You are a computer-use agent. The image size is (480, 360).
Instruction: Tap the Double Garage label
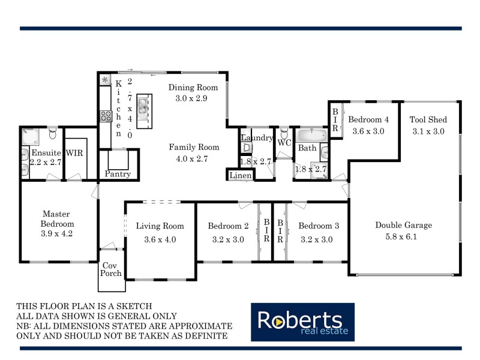(404, 226)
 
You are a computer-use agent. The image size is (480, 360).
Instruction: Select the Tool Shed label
(428, 120)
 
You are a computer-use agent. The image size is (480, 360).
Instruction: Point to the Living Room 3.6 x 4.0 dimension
(160, 239)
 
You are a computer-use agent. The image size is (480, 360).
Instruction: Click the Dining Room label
(188, 87)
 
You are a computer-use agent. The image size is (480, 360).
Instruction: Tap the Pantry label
(118, 174)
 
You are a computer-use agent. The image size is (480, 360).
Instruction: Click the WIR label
(74, 153)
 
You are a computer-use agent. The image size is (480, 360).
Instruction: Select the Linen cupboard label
(240, 175)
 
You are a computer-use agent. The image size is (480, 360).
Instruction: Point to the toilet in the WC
(283, 132)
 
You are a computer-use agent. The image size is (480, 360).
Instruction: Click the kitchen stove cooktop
(106, 115)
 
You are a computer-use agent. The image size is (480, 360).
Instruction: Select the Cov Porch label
(111, 269)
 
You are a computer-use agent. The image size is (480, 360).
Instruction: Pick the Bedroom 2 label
(228, 226)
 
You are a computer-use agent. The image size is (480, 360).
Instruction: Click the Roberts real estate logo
(302, 322)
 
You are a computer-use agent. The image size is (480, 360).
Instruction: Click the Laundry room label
(257, 138)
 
